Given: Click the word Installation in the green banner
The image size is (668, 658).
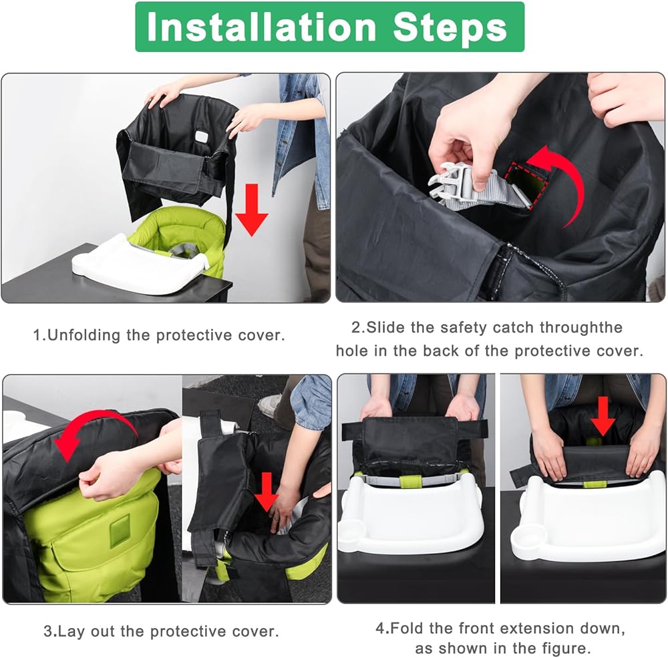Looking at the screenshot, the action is (261, 27).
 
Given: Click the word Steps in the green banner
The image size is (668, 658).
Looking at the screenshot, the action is (450, 27).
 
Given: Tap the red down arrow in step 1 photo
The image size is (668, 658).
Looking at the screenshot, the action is (251, 210).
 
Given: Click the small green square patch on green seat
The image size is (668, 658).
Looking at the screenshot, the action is (120, 531).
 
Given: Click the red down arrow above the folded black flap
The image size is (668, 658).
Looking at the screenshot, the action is (603, 416).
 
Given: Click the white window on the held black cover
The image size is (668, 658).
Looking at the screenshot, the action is (201, 137).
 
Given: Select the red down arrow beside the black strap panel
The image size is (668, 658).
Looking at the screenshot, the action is (267, 492).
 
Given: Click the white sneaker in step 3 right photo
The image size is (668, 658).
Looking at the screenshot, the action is (269, 406).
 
